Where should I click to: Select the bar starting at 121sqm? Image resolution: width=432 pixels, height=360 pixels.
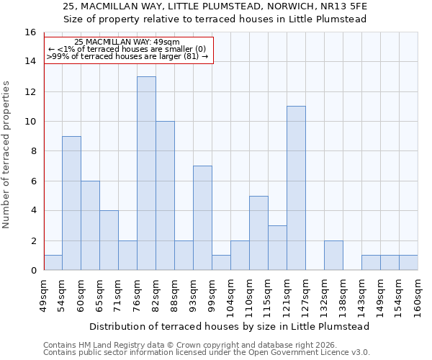(x=296, y=188)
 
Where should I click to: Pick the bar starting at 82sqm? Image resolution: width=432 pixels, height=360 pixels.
(x=165, y=195)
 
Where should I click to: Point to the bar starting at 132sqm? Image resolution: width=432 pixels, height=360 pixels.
(x=333, y=256)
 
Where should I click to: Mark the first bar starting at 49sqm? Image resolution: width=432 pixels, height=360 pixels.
(x=53, y=263)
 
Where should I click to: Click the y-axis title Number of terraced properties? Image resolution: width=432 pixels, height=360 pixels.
(x=7, y=154)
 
